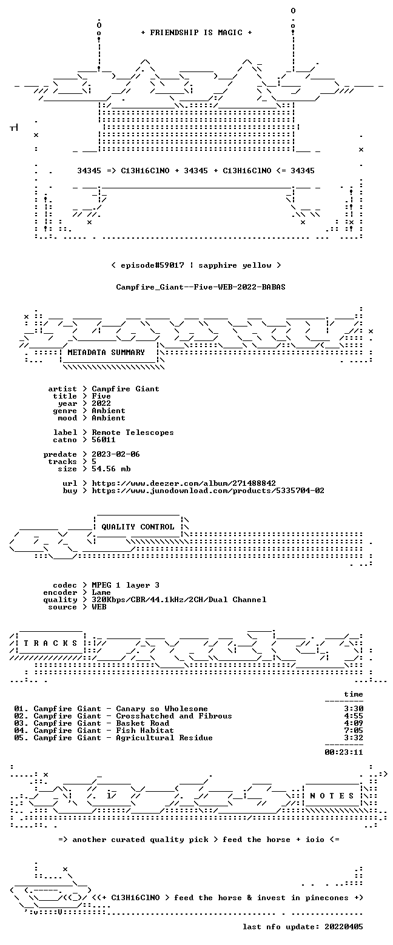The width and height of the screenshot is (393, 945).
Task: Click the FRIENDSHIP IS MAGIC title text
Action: click(x=196, y=33)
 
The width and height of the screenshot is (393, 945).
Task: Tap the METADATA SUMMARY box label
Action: click(x=106, y=353)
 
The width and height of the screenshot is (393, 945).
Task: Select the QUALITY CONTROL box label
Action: click(x=138, y=527)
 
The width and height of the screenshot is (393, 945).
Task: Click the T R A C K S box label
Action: click(x=51, y=643)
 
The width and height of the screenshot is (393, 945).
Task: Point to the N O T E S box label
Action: click(x=332, y=796)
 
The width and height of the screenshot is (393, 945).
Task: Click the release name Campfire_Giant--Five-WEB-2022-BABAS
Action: click(x=201, y=287)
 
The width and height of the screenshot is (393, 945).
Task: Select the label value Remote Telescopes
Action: click(x=133, y=433)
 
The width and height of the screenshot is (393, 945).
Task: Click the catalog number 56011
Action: click(x=104, y=440)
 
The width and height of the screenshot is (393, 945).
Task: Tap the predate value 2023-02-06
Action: click(x=116, y=454)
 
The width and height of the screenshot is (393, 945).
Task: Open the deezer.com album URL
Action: click(x=184, y=483)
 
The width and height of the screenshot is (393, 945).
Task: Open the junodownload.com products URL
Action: click(x=208, y=491)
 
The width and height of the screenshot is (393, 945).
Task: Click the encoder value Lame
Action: click(x=101, y=592)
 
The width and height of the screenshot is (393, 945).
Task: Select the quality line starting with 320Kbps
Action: click(x=179, y=600)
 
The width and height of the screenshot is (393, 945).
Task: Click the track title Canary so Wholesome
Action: click(x=162, y=709)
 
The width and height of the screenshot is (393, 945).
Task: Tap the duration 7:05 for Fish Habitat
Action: click(x=354, y=731)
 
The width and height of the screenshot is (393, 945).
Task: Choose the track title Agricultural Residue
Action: click(x=164, y=738)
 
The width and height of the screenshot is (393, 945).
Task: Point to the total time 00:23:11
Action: click(x=344, y=752)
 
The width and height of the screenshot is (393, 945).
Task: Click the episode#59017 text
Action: click(x=153, y=265)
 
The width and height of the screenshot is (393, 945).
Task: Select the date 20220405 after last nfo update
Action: click(x=344, y=927)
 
